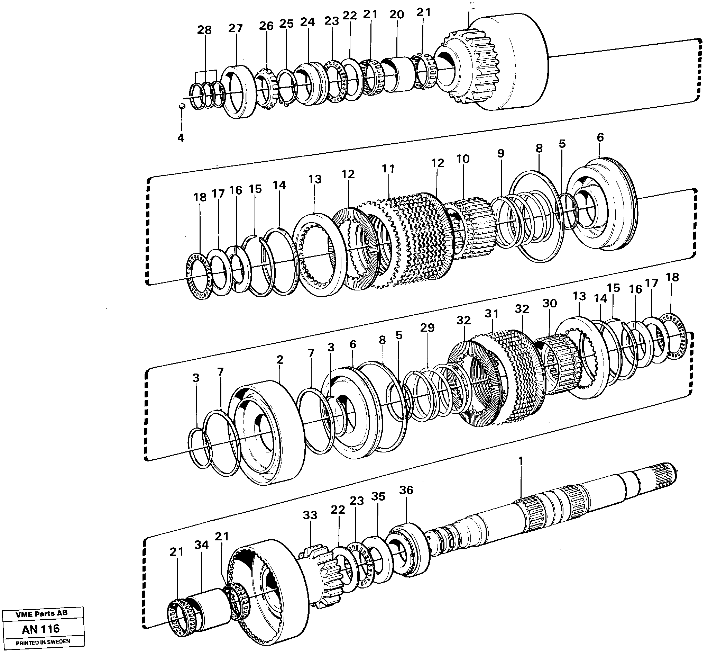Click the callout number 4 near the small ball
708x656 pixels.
(181, 138)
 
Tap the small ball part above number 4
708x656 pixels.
(181, 106)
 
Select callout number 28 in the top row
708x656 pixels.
(205, 30)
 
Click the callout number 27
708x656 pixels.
(235, 28)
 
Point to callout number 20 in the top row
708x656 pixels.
(397, 15)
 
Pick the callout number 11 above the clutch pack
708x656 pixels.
(388, 169)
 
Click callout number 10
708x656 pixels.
(463, 159)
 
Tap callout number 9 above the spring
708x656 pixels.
(500, 154)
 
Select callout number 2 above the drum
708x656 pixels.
(280, 360)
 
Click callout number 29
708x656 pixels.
(427, 327)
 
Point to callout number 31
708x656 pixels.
(492, 314)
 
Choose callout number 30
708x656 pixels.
(550, 304)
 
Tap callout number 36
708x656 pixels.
(406, 490)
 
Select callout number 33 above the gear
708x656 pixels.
(310, 515)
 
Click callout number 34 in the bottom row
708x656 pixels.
(202, 545)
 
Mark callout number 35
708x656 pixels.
(378, 497)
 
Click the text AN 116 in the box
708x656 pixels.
(41, 629)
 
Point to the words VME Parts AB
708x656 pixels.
(42, 613)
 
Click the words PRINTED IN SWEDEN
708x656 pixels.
(43, 642)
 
